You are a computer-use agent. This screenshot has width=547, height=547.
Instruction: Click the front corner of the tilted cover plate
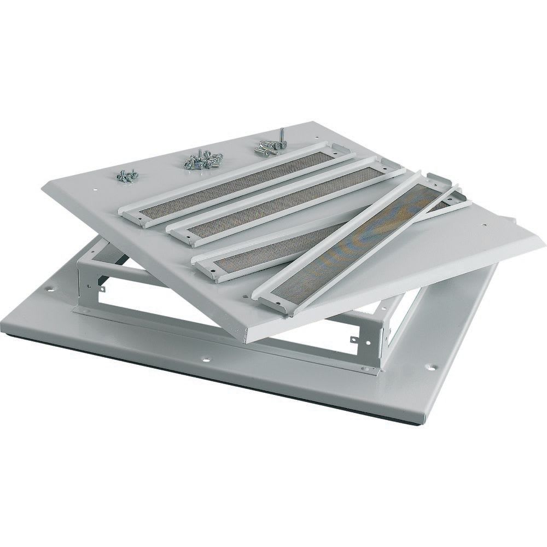tap(244, 340)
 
